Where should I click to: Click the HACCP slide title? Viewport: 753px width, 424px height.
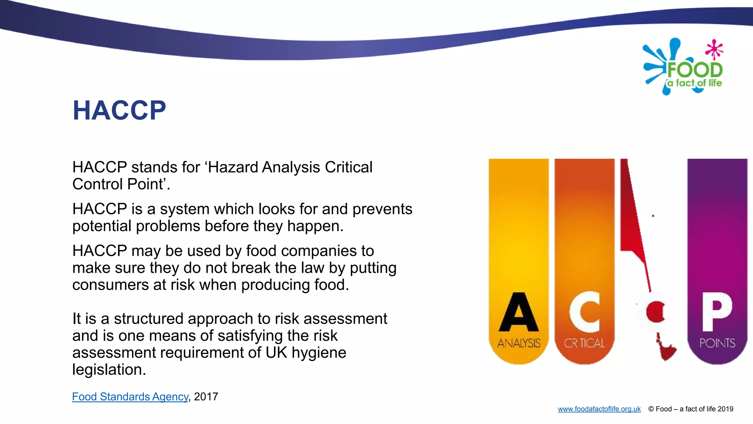[x=119, y=110]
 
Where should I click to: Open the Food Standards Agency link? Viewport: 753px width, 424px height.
[x=130, y=397]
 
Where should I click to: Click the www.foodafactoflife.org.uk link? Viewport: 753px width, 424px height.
[x=599, y=409]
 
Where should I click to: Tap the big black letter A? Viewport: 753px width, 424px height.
[x=518, y=312]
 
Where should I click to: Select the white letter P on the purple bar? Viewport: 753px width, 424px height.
[x=717, y=312]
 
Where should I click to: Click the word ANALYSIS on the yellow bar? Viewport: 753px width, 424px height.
[x=519, y=343]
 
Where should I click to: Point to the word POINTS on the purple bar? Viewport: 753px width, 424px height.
[x=717, y=343]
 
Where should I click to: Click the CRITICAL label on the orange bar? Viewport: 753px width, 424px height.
[x=584, y=343]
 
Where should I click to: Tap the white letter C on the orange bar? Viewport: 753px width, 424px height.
[x=585, y=312]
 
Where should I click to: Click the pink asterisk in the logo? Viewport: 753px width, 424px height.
[x=714, y=49]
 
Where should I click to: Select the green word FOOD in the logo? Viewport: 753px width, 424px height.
[x=695, y=70]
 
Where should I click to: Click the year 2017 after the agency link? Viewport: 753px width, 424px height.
[x=206, y=397]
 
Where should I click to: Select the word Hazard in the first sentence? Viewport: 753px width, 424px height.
[x=233, y=167]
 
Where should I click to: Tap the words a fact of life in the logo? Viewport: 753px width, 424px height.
[x=695, y=83]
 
